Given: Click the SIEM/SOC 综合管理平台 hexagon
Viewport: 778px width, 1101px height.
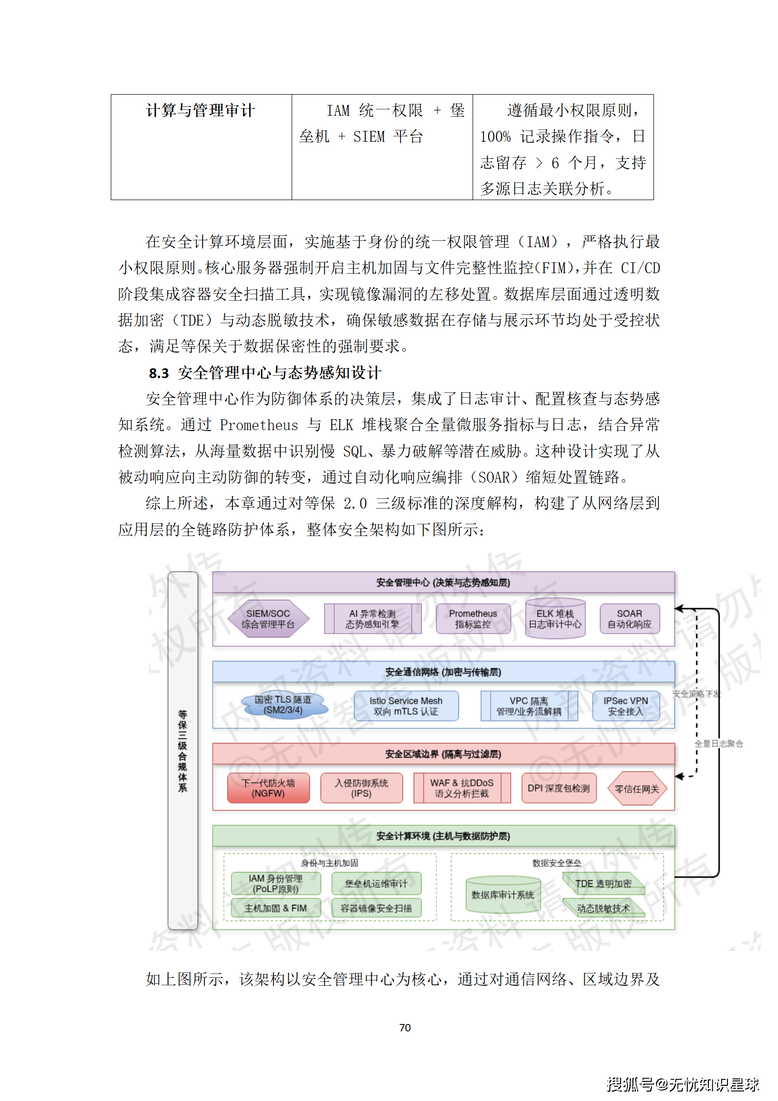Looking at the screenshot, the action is [268, 618].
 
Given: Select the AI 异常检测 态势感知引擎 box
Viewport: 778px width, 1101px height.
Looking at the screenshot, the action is [372, 618].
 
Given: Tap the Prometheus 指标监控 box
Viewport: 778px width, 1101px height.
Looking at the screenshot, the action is [473, 618].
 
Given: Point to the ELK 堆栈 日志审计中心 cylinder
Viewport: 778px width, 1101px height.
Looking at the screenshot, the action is [555, 619].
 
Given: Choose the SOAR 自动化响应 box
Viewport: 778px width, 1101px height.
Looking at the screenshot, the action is [629, 618].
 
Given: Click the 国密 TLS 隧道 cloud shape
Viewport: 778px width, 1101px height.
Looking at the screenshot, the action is [283, 705].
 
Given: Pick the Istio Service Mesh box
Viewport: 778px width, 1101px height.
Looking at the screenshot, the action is [406, 706].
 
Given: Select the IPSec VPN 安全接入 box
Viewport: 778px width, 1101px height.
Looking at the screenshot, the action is [626, 706].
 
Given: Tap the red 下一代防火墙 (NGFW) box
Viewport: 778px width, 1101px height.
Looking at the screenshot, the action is [268, 788].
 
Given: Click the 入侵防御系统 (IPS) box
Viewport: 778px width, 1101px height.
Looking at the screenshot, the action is [361, 788].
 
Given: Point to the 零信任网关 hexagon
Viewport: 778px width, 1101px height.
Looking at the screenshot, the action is [637, 789].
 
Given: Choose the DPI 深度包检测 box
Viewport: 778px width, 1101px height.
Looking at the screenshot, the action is [559, 788].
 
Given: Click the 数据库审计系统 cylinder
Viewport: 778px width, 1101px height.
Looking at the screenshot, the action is [503, 895].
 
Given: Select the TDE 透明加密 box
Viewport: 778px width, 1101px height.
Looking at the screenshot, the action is [603, 883].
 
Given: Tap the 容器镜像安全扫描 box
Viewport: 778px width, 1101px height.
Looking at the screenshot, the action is [376, 908].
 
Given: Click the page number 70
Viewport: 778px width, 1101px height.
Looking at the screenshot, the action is [405, 1027].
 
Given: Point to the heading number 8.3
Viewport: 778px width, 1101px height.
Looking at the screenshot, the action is [159, 373].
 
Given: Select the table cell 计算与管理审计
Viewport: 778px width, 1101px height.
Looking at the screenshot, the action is [201, 111].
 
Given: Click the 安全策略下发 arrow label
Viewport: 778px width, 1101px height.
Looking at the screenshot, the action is [696, 693].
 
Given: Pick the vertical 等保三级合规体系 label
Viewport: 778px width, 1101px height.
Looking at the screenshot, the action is [182, 750].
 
